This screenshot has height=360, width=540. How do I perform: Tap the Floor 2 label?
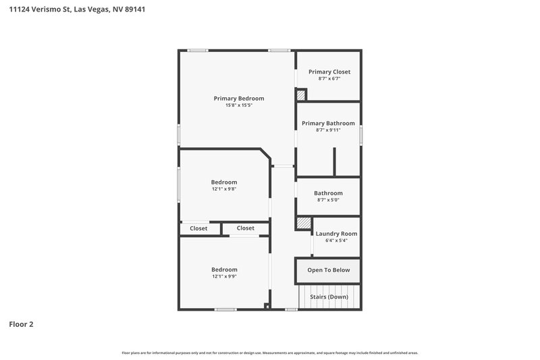coord(21,324)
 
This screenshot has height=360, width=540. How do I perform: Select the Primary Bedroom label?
coord(239,99)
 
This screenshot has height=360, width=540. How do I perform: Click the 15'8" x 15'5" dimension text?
coord(239,105)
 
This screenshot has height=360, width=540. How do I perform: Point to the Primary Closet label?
coord(329,72)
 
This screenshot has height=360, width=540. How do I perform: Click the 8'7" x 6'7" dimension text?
coord(329,78)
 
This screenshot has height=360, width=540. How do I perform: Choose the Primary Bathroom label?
coord(328,123)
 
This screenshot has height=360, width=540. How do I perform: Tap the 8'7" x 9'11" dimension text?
coord(328,130)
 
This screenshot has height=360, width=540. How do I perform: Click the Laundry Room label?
coord(336,234)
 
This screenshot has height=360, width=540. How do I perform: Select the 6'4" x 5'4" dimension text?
coord(336,240)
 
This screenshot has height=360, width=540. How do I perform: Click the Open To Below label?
coord(329,270)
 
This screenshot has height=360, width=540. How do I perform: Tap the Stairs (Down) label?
coord(329,297)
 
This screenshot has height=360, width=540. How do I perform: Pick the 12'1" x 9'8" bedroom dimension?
coord(224,189)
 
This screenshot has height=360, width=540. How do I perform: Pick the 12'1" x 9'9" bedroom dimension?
coord(224,276)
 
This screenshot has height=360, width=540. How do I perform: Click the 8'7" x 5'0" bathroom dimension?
coord(328,200)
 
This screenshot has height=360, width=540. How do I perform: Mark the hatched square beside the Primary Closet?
coord(302,97)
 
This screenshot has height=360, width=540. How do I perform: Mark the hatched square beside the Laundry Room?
coord(304,223)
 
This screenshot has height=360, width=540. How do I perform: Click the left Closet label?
coord(198,228)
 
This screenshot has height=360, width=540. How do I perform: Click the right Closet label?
coord(246,228)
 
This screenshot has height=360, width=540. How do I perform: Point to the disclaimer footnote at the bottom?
coord(270,353)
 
